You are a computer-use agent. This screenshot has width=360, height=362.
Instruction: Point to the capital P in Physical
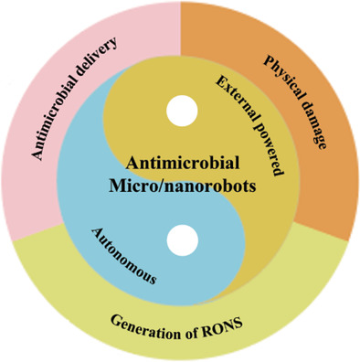pyautogui.click(x=268, y=60)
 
